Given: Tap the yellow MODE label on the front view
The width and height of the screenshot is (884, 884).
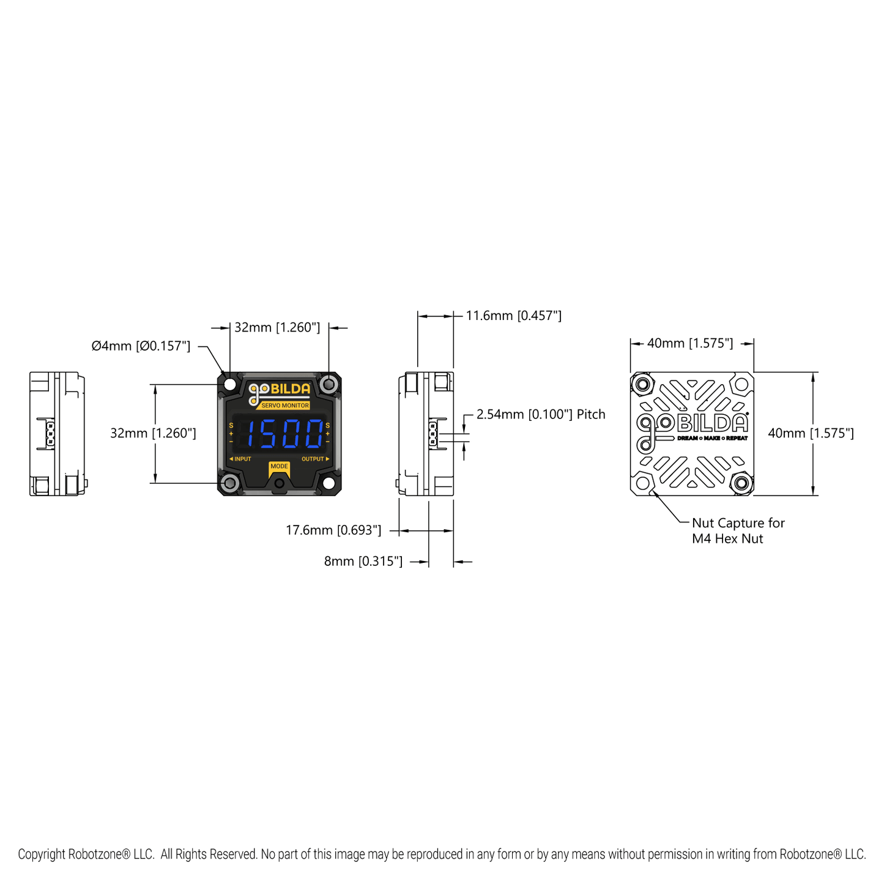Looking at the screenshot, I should click(x=279, y=466).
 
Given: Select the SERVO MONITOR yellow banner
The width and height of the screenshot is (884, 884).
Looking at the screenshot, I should click(x=285, y=406).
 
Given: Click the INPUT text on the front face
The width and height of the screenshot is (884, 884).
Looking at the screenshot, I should click(x=241, y=459).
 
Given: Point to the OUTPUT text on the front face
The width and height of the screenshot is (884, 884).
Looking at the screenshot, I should click(x=314, y=459).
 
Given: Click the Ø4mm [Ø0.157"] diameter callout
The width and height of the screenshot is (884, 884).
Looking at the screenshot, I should click(x=141, y=346).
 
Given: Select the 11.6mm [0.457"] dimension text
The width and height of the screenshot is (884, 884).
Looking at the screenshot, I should click(x=513, y=316).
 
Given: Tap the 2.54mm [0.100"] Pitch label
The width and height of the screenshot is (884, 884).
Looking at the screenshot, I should click(x=541, y=414).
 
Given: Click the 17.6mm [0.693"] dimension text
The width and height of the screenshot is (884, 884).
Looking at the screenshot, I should click(x=333, y=530).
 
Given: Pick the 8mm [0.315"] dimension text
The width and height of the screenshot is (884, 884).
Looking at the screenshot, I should click(x=363, y=562).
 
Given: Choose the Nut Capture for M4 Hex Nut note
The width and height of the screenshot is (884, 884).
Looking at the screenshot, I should click(x=737, y=531).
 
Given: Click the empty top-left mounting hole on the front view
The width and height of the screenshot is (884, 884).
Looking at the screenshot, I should click(x=230, y=384).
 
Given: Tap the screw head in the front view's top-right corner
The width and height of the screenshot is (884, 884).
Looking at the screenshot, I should click(x=329, y=384).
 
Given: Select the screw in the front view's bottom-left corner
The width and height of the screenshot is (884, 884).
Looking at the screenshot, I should click(x=230, y=483).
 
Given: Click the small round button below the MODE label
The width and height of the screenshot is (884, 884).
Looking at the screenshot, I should click(x=280, y=484).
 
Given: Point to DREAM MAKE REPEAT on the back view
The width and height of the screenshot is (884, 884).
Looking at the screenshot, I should click(x=712, y=439).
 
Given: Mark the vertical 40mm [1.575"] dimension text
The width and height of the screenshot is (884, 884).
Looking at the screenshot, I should click(x=811, y=433).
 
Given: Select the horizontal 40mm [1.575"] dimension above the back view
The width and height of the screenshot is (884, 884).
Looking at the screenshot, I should click(x=690, y=343).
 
